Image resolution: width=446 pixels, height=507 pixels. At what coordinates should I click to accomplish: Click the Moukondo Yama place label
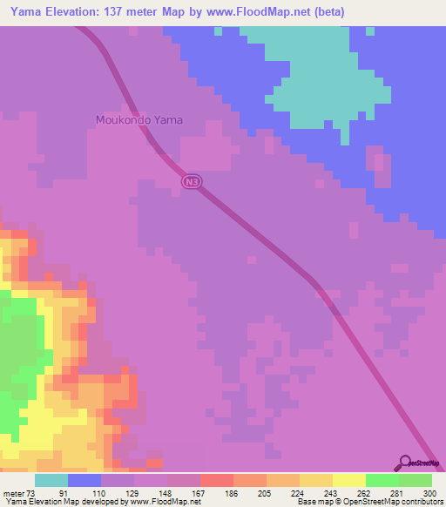coord(139,120)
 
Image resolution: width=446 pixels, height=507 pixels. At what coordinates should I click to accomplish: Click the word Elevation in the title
coord(76,12)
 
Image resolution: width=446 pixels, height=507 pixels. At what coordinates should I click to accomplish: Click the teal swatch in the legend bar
coord(51,480)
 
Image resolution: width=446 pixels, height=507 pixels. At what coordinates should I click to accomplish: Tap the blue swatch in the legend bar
coord(84,480)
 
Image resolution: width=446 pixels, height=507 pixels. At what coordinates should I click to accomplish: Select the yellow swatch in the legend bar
coord(348,480)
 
